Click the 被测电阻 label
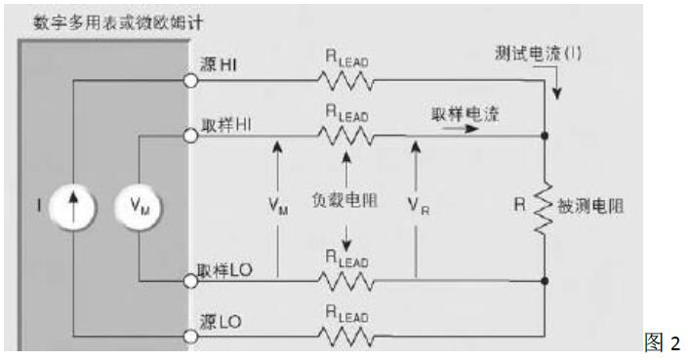(x=592, y=207)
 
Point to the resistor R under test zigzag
(x=545, y=207)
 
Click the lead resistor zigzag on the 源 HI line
(x=345, y=78)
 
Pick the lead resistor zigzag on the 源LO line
(x=345, y=337)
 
